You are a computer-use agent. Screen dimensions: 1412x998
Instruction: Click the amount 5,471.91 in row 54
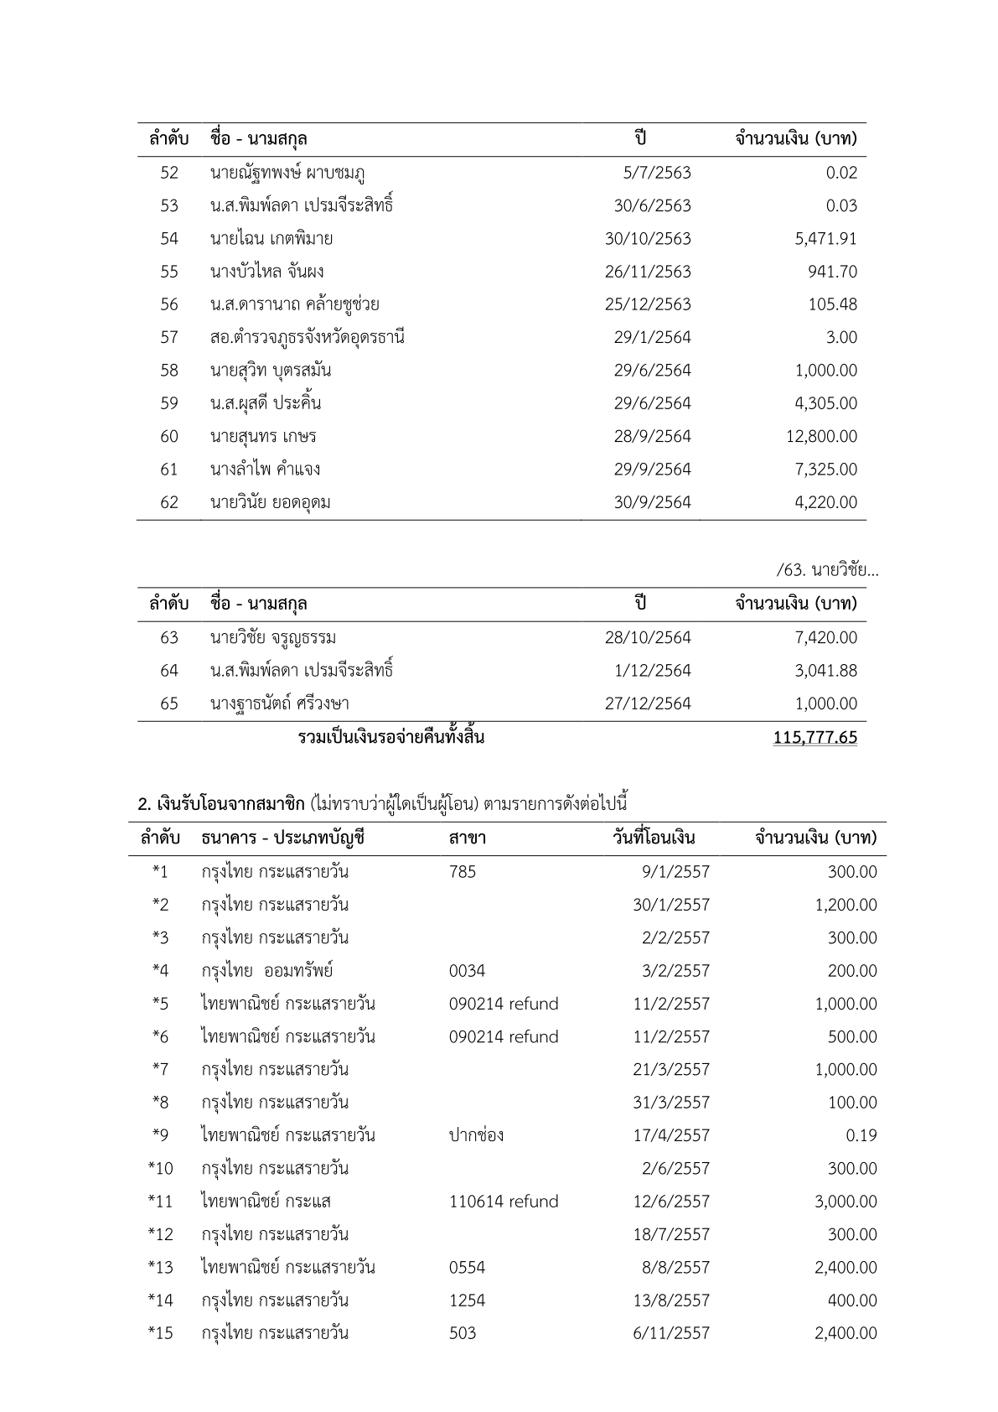(x=825, y=239)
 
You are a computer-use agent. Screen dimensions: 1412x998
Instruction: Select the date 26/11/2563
(x=648, y=272)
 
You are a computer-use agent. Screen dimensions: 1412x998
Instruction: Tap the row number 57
(x=169, y=337)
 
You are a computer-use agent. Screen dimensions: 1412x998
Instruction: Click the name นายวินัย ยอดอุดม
(x=270, y=502)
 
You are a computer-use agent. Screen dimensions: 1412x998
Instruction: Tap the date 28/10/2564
(x=648, y=637)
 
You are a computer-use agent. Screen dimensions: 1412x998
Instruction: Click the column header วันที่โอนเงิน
(x=654, y=838)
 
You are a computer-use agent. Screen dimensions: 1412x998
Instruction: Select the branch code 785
(x=462, y=872)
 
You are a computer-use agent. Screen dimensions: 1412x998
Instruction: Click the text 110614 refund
(x=504, y=1202)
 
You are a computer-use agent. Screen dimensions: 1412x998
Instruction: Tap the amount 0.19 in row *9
(x=861, y=1135)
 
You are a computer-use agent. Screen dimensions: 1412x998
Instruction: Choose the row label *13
(x=160, y=1267)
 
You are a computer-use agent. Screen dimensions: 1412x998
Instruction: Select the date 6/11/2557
(x=671, y=1333)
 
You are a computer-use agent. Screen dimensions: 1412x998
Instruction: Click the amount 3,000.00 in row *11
(x=845, y=1202)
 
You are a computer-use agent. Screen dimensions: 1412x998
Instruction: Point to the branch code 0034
(x=467, y=971)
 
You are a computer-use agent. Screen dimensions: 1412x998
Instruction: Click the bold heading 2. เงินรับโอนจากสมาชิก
(x=221, y=804)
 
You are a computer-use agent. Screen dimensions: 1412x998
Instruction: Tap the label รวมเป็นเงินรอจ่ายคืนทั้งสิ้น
(x=391, y=738)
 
